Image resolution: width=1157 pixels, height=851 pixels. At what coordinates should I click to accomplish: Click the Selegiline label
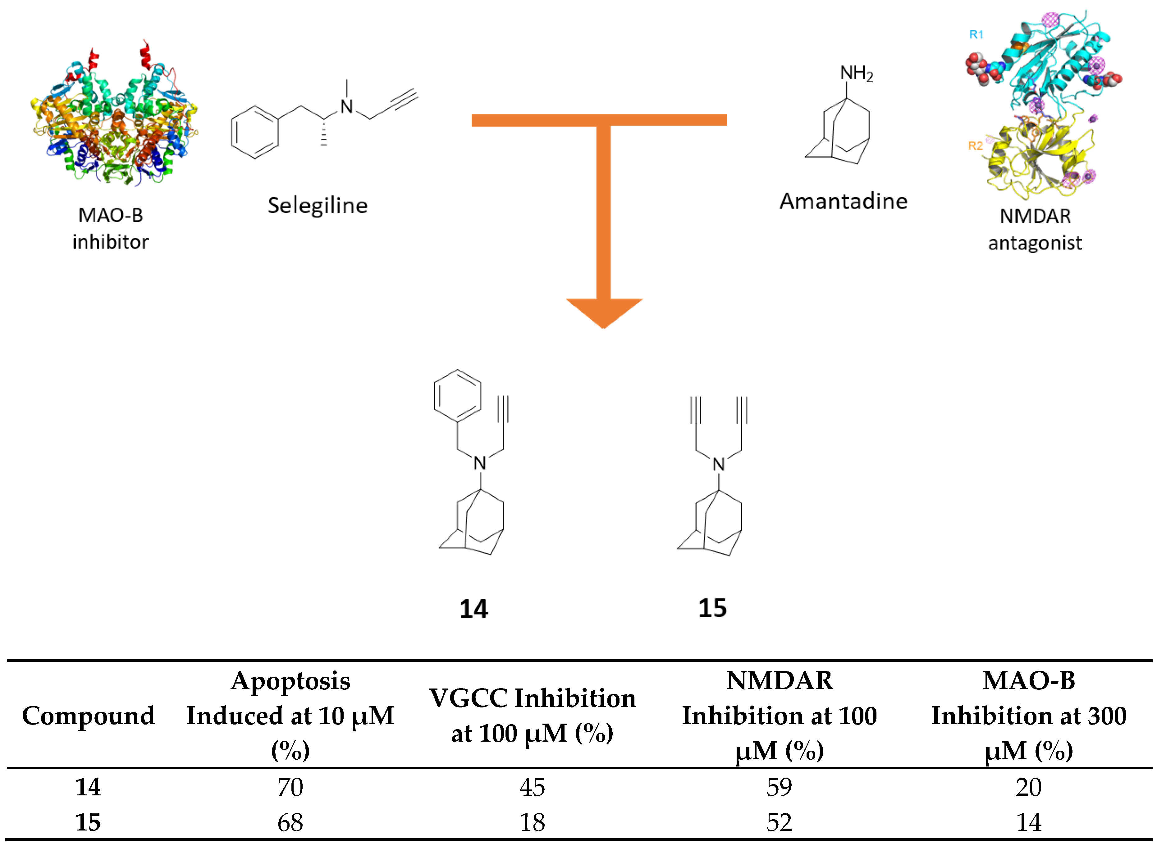point(317,206)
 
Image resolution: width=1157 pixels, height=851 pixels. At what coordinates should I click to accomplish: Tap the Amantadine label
point(843,201)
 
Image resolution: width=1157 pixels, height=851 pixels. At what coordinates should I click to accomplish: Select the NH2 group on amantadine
point(856,74)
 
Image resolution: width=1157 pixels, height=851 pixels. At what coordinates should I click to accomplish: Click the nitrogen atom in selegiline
point(347,107)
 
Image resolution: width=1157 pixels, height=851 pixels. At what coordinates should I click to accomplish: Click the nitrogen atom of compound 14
point(480,464)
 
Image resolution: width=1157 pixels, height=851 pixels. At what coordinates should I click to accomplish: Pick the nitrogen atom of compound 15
point(719,465)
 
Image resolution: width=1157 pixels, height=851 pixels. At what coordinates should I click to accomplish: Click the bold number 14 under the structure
point(473,609)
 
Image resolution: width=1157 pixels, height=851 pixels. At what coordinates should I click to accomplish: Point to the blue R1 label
point(976,34)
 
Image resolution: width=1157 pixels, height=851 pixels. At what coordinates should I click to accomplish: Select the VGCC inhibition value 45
point(532,787)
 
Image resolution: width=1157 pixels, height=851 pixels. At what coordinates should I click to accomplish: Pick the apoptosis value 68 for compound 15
point(290,822)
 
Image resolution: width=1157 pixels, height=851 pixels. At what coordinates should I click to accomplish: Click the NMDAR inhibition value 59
point(779,787)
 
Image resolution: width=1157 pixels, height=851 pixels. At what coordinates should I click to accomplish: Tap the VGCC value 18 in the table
point(532,822)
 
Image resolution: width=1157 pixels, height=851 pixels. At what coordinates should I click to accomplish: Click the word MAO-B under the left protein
point(110,215)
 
